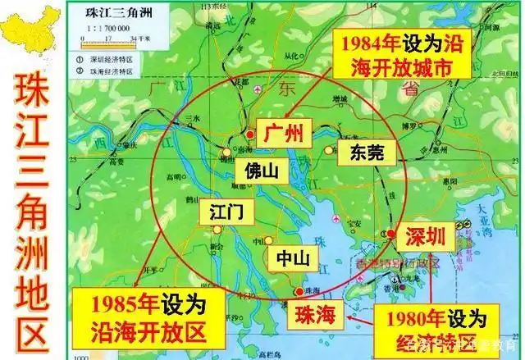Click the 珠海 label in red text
[315, 312]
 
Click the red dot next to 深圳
[386, 235]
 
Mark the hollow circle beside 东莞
[329, 150]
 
